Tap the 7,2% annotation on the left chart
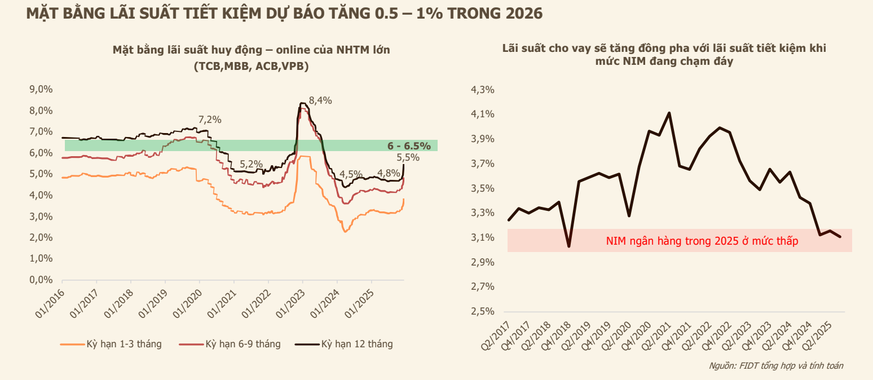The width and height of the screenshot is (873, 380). coord(210,120)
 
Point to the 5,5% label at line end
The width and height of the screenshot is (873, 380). coord(408,157)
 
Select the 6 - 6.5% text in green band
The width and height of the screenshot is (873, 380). coord(409,146)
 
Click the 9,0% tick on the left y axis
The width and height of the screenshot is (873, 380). coord(41,89)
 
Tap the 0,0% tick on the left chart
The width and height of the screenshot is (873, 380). coord(41,280)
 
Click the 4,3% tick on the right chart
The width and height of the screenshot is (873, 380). coord(482,90)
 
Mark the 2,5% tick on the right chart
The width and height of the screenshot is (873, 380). coord(482,312)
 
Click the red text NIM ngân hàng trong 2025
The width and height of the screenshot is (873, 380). coord(702,241)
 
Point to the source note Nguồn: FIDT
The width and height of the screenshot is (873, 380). coord(776,366)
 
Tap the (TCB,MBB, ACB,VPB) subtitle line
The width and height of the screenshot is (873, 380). coord(251,66)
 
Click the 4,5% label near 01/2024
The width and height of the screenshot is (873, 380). coord(351,174)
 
